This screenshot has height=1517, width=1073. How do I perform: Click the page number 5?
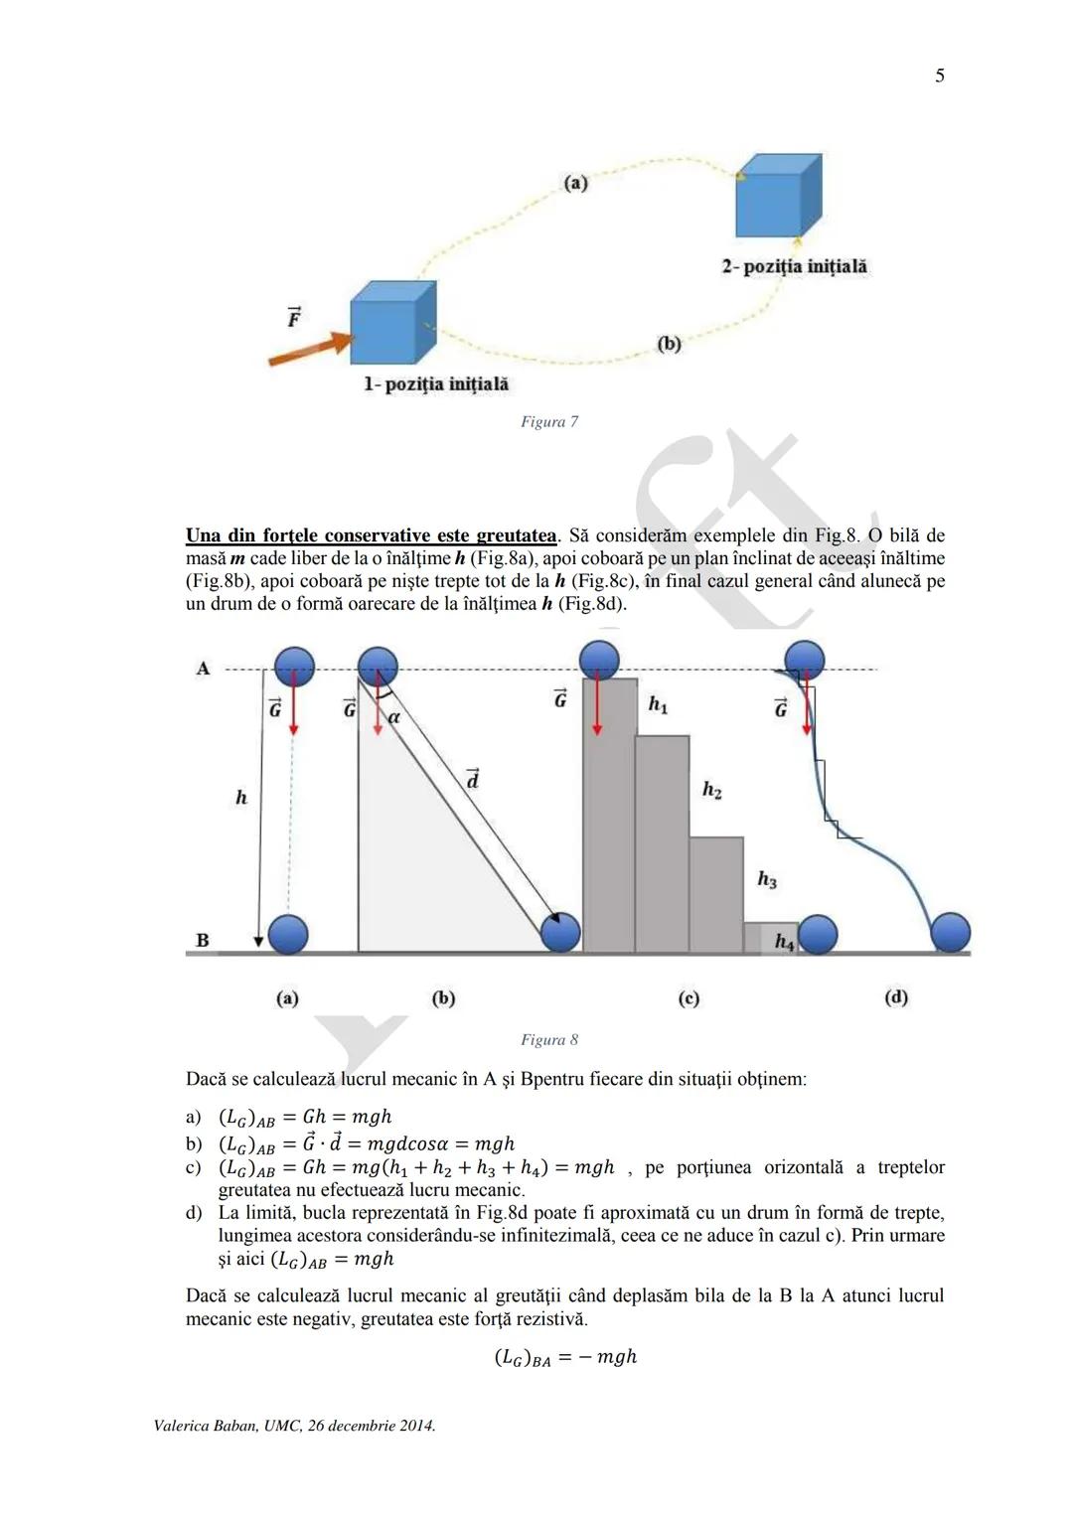[x=940, y=76]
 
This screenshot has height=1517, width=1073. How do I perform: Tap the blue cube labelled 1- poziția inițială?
[x=393, y=322]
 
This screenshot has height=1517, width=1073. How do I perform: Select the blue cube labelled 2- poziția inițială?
[x=778, y=196]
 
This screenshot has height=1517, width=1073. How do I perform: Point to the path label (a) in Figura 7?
[x=575, y=183]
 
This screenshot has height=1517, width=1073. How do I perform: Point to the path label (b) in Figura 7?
[x=669, y=344]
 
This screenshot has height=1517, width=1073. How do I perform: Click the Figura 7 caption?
[x=549, y=422]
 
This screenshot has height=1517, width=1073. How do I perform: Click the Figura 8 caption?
[x=549, y=1040]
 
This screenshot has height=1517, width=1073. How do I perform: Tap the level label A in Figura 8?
[x=204, y=669]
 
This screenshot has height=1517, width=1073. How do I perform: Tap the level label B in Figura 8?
[x=203, y=940]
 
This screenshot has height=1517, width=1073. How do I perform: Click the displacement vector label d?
[x=472, y=780]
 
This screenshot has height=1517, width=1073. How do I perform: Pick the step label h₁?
[x=658, y=704]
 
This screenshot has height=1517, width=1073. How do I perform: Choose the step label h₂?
[x=711, y=790]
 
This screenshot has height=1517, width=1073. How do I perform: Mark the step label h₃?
[x=767, y=879]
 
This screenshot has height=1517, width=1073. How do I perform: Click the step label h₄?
[x=784, y=942]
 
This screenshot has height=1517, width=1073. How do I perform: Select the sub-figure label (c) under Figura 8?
[x=689, y=998]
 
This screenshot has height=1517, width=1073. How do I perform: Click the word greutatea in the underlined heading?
[x=516, y=536]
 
